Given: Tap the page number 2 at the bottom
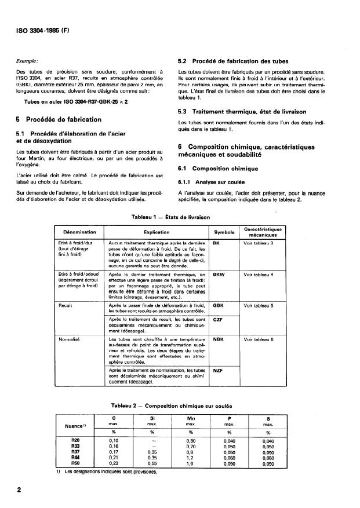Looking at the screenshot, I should pos(20,490).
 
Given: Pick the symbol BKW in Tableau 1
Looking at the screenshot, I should pos(219,275).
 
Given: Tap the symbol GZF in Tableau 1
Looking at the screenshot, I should pos(218,319).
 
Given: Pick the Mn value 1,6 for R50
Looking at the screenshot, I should pos(190,463).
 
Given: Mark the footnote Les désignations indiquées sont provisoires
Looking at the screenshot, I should pos(88,471).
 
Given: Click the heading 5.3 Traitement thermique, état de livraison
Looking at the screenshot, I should pos(238,111).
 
